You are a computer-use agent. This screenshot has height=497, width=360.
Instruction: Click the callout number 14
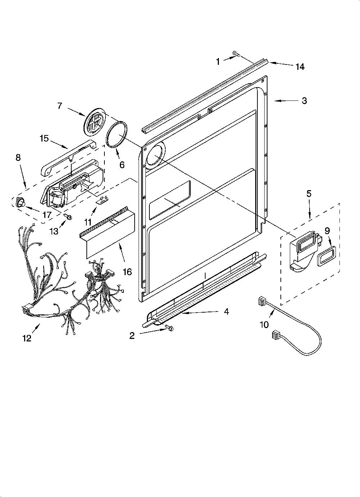coord(300,67)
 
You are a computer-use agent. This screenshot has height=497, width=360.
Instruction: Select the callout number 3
coord(304,100)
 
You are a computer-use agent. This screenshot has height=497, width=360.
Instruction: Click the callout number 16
coord(127,272)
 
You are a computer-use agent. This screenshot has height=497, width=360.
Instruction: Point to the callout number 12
coord(27,339)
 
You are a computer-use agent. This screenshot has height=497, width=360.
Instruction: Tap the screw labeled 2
coord(170,327)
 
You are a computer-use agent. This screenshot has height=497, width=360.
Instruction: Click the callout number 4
coord(226,312)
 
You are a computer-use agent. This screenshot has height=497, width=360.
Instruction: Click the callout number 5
coord(309,194)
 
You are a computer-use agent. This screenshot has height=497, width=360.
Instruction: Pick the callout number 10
coord(264,324)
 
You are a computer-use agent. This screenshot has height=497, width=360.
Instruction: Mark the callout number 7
coord(59,106)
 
